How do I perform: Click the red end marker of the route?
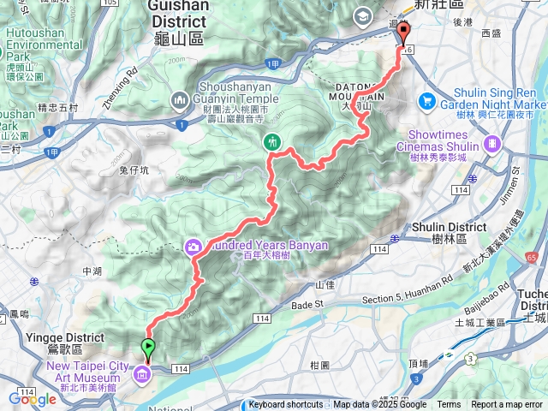click(x=403, y=33)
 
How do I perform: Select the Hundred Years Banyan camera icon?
click(x=194, y=247)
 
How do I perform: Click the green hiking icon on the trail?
click(x=272, y=141)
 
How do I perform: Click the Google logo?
click(x=33, y=399)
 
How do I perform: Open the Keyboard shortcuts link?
click(x=286, y=405)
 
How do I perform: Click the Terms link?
click(x=449, y=405)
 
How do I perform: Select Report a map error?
click(x=507, y=405)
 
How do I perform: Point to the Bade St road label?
click(x=311, y=304)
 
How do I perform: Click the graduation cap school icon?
click(x=362, y=15)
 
